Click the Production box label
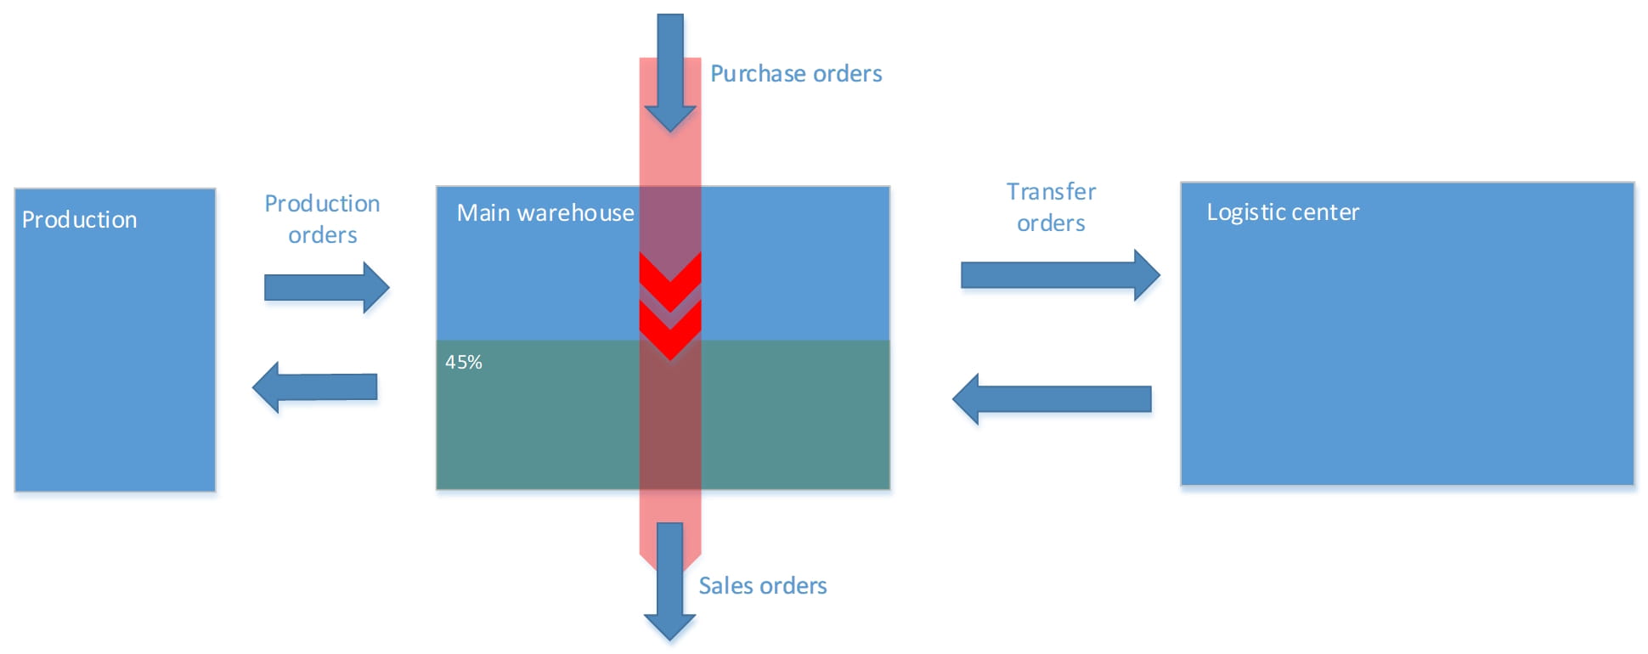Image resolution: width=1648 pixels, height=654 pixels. (x=79, y=220)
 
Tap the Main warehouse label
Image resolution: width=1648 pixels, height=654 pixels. (x=545, y=213)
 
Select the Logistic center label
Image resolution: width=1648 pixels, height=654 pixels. (x=1282, y=212)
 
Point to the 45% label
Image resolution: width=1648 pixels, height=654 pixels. (x=464, y=363)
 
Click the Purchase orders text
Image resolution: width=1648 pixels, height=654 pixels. (x=795, y=74)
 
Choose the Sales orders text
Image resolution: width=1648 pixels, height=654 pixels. (x=762, y=586)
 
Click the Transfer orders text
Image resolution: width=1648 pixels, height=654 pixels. (x=1051, y=207)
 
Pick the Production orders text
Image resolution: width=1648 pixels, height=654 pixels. (x=322, y=219)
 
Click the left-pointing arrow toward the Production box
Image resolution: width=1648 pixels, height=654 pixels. (x=315, y=387)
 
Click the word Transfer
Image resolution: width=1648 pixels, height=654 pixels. (x=1051, y=192)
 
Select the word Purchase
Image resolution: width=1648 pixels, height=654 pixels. (x=752, y=74)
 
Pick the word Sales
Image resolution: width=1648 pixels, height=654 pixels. (x=723, y=586)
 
